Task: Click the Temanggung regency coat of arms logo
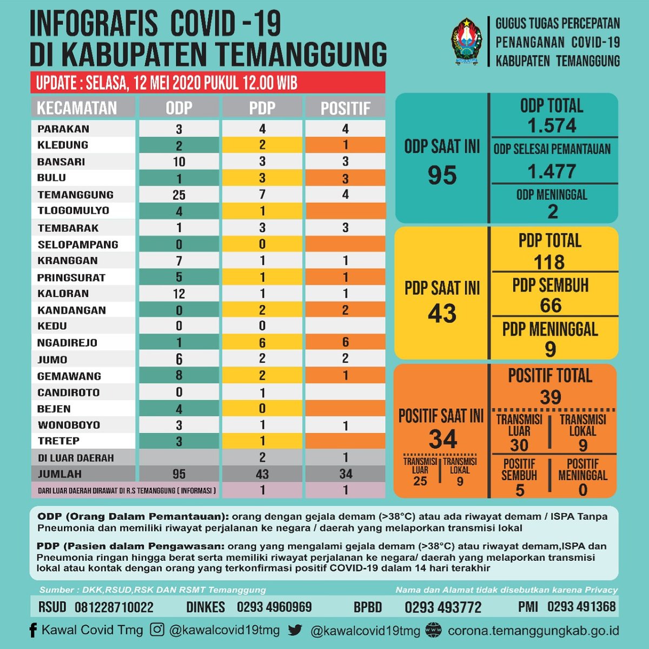pyautogui.click(x=466, y=42)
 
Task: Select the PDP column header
pyautogui.click(x=262, y=108)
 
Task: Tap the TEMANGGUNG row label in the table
pyautogui.click(x=75, y=195)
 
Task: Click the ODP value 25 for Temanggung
pyautogui.click(x=179, y=195)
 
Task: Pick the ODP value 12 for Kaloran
pyautogui.click(x=179, y=294)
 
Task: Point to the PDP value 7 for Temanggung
pyautogui.click(x=262, y=194)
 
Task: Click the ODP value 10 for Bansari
pyautogui.click(x=179, y=162)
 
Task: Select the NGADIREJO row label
pyautogui.click(x=67, y=343)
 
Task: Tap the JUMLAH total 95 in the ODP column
pyautogui.click(x=179, y=474)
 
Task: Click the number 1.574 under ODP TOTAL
pyautogui.click(x=552, y=126)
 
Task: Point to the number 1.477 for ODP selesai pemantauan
pyautogui.click(x=552, y=171)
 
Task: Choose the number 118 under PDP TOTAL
pyautogui.click(x=549, y=262)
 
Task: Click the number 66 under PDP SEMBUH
pyautogui.click(x=551, y=306)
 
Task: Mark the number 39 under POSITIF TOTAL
pyautogui.click(x=551, y=398)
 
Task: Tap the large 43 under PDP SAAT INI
pyautogui.click(x=442, y=314)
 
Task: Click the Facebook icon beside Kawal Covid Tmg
pyautogui.click(x=34, y=630)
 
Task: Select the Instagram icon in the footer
pyautogui.click(x=157, y=630)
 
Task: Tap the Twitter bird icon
pyautogui.click(x=295, y=630)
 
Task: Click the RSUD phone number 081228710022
pyautogui.click(x=114, y=607)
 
